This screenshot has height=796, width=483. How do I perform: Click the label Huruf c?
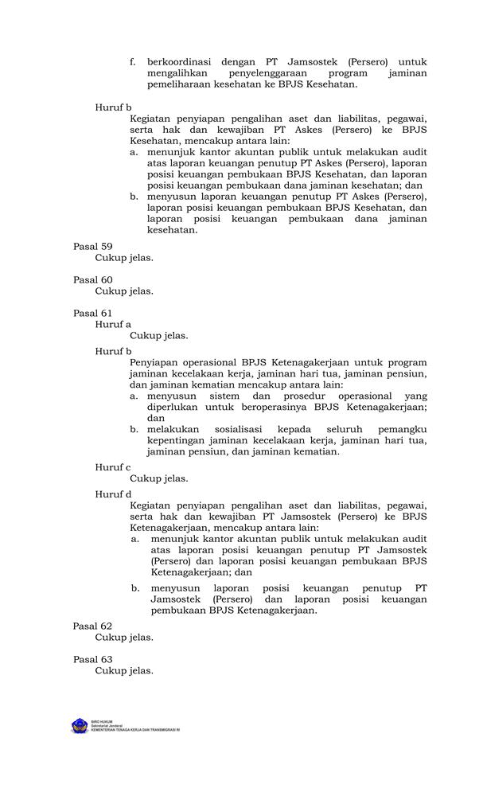113,467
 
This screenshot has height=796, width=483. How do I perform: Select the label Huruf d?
114,494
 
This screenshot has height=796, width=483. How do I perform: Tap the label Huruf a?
113,325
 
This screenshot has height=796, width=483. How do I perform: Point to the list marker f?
133,61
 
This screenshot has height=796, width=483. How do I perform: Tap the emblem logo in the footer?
80,726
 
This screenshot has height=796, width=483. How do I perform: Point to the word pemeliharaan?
181,84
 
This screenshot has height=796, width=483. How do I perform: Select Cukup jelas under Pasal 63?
124,671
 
